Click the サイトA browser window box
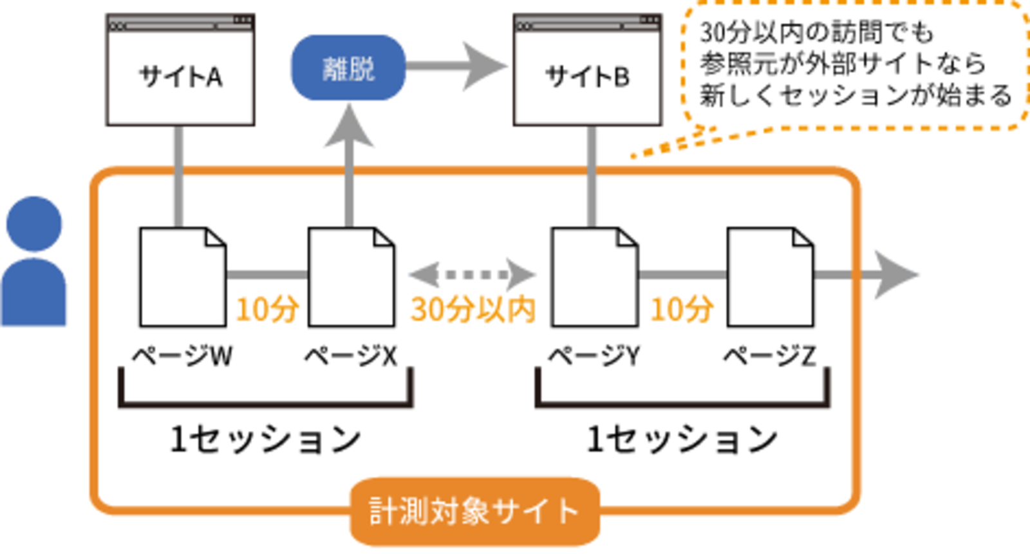pyautogui.click(x=180, y=71)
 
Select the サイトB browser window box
pyautogui.click(x=587, y=71)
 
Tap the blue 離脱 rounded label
pyautogui.click(x=348, y=68)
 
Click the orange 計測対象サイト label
pyautogui.click(x=474, y=512)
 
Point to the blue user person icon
pyautogui.click(x=33, y=264)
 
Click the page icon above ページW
pyautogui.click(x=182, y=277)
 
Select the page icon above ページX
pyautogui.click(x=351, y=277)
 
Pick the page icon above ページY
pyautogui.click(x=594, y=277)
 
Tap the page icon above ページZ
pyautogui.click(x=770, y=277)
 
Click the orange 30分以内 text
pyautogui.click(x=473, y=309)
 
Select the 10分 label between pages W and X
pyautogui.click(x=267, y=309)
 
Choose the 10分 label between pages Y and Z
pyautogui.click(x=682, y=309)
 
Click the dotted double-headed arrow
pyautogui.click(x=472, y=275)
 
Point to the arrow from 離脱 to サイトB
pyautogui.click(x=454, y=66)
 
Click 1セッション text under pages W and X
pyautogui.click(x=265, y=440)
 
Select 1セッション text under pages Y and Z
pyautogui.click(x=682, y=440)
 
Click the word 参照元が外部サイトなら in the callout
pyautogui.click(x=843, y=64)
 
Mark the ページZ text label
pyautogui.click(x=769, y=356)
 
